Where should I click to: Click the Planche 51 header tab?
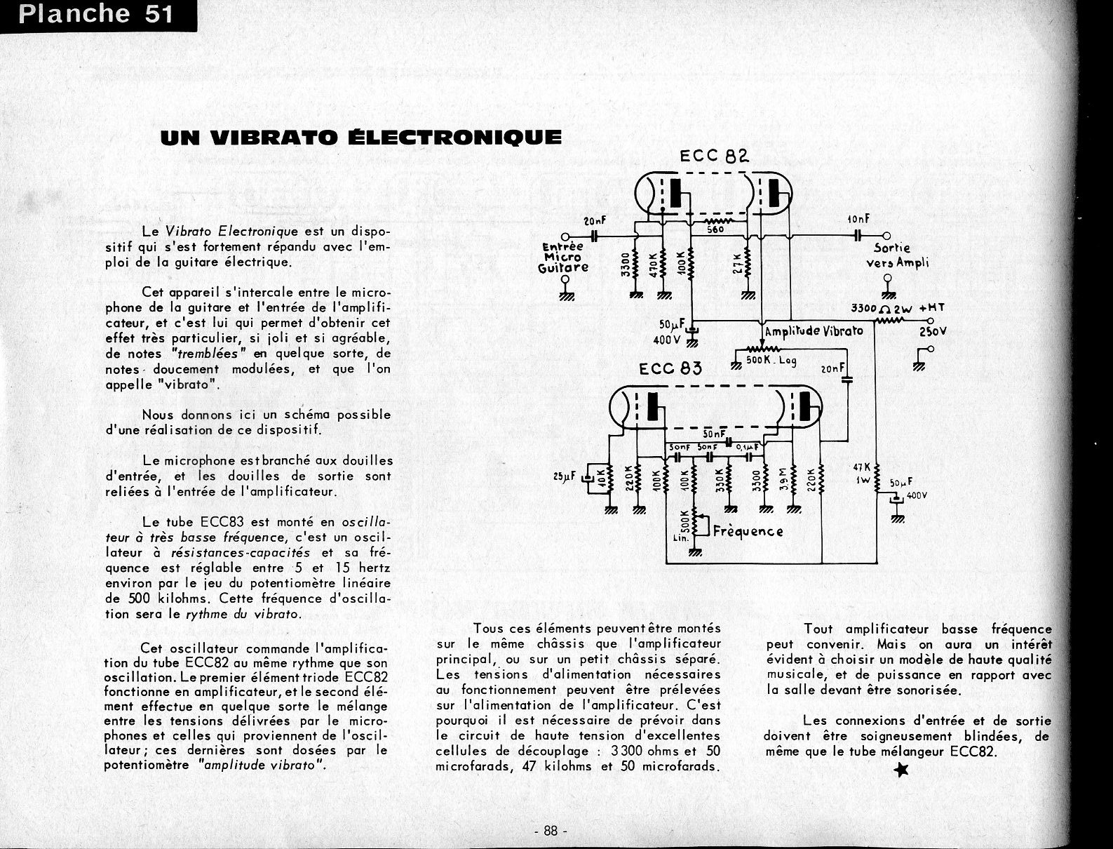(x=96, y=15)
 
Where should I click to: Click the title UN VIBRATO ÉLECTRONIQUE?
(x=360, y=137)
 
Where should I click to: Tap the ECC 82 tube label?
(x=715, y=156)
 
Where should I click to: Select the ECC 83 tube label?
(x=670, y=368)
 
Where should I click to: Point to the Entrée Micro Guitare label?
(x=563, y=257)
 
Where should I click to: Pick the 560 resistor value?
(x=715, y=229)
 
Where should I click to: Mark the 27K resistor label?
(x=736, y=265)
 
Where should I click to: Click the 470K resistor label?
(x=654, y=265)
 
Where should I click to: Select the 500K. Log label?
(x=771, y=361)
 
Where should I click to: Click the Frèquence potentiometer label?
(x=748, y=531)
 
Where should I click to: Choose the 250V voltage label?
(x=933, y=331)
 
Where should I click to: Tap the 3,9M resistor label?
(x=783, y=481)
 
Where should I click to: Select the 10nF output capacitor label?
(x=858, y=220)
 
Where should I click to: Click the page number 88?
(x=550, y=831)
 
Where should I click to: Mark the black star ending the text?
(x=902, y=771)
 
